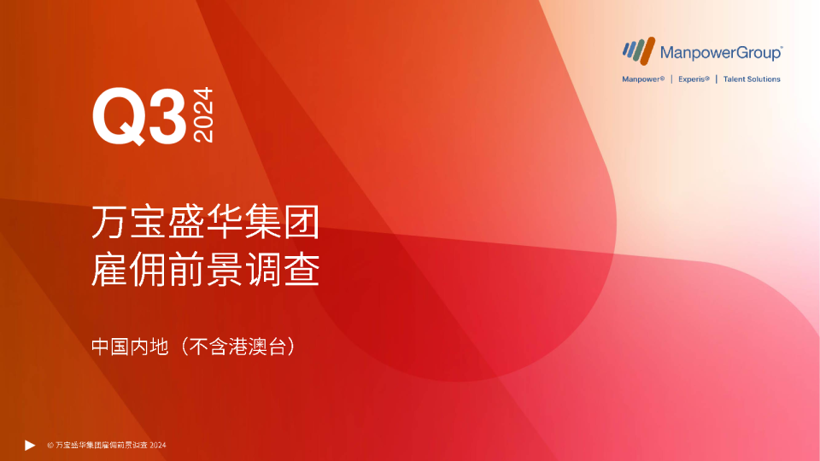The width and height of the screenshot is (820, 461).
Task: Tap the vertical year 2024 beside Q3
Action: coord(204,116)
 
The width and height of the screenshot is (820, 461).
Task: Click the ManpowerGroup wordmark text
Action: coord(721,53)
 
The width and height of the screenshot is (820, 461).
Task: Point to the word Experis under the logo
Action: coord(694,79)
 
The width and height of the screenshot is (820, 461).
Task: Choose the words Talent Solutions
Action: coord(752,79)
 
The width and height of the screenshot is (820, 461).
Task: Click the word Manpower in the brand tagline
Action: coord(643,79)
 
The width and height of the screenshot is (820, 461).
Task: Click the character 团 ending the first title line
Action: coord(303,224)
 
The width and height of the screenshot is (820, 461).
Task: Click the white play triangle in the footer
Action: coord(30,445)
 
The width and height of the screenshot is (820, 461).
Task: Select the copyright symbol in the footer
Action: coord(50,446)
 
